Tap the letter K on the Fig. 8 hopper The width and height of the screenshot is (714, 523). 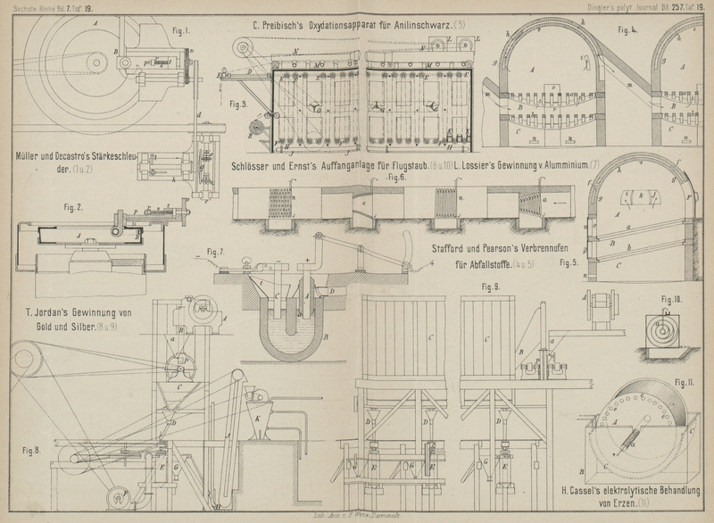click(x=259, y=417)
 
